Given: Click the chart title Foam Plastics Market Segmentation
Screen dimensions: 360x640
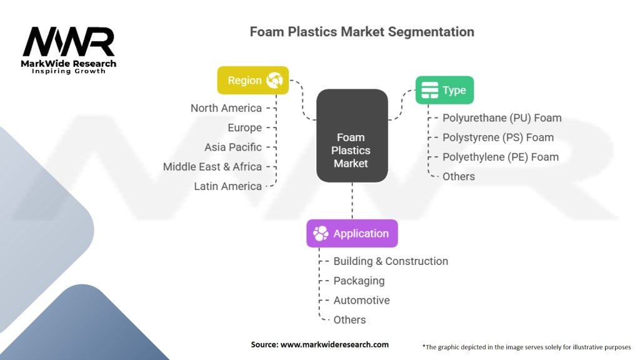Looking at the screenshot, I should (x=362, y=31).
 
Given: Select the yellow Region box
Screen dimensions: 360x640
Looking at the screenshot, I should (x=252, y=80).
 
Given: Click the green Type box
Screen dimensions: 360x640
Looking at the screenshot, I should (x=444, y=90).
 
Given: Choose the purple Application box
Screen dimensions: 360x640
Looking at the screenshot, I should (x=351, y=233).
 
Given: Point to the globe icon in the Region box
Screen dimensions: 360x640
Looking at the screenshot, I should (x=274, y=80).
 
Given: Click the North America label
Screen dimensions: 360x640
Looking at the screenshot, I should (x=226, y=108).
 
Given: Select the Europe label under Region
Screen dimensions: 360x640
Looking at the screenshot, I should (x=244, y=127).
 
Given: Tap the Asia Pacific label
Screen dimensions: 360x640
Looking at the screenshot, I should (x=233, y=147).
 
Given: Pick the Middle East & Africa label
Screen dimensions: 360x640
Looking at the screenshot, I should (x=212, y=167).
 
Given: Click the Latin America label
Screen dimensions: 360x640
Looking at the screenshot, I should (x=227, y=186).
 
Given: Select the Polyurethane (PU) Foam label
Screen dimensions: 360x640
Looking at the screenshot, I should (x=501, y=117).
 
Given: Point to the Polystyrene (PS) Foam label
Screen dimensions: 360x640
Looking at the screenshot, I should (x=497, y=137).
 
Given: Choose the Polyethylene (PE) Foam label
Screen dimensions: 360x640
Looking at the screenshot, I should (x=500, y=157).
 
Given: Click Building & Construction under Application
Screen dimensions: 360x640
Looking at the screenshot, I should (x=390, y=261).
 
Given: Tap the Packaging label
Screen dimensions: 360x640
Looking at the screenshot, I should (x=359, y=281).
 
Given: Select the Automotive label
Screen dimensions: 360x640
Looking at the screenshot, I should (x=361, y=300).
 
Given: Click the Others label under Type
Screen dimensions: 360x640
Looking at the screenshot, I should (x=458, y=176).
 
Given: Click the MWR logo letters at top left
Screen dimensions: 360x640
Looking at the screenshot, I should (x=69, y=42).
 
